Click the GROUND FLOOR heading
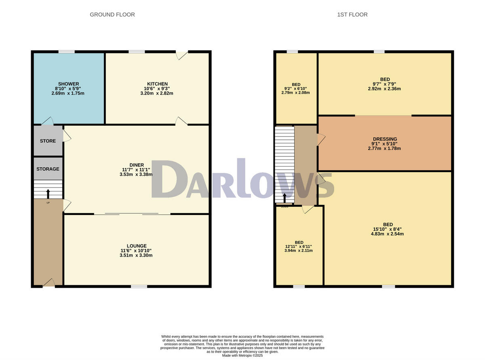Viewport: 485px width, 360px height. click(112, 15)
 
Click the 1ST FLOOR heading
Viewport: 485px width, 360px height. click(352, 15)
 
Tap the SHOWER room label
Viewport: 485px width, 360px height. click(68, 84)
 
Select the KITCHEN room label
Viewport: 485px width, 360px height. click(157, 84)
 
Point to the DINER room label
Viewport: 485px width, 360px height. click(137, 165)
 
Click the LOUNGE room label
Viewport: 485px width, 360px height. click(136, 246)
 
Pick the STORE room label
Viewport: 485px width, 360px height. click(48, 141)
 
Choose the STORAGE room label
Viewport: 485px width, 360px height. click(48, 169)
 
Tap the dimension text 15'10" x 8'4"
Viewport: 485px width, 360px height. click(388, 229)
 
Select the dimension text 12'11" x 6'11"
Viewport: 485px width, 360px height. click(298, 246)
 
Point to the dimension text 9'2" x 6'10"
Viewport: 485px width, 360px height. click(296, 88)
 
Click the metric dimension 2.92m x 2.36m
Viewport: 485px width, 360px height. click(384, 89)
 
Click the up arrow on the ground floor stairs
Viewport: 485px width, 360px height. click(48, 194)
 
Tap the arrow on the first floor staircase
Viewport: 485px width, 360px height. click(284, 198)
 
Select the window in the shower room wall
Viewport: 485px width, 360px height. click(66, 52)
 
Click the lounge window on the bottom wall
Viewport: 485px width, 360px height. click(139, 286)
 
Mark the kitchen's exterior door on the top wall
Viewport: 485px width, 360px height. click(182, 55)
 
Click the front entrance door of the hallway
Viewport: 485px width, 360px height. click(48, 283)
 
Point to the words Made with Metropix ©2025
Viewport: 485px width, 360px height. click(242, 356)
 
